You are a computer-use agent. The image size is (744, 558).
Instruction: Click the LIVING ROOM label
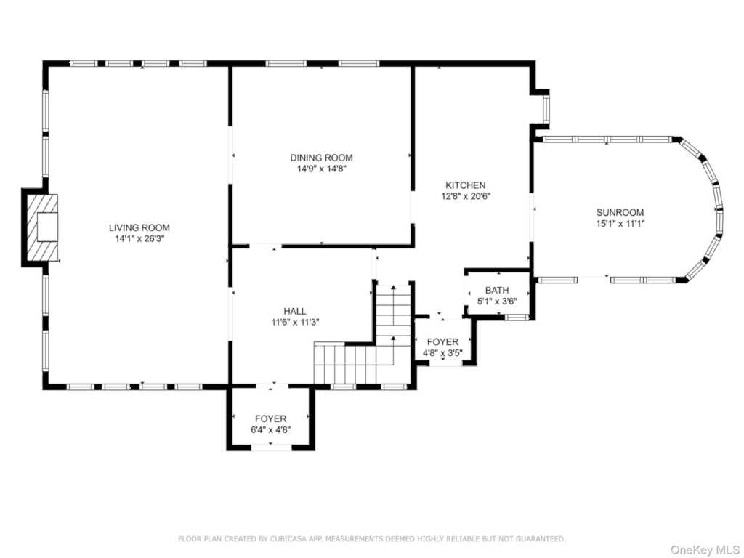point(139,227)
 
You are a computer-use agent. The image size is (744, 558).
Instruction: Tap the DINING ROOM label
point(321,158)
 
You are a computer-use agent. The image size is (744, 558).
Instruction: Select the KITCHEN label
point(466,185)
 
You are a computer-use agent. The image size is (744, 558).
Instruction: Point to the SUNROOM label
point(620,213)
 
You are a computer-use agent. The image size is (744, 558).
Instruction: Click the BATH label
point(497,291)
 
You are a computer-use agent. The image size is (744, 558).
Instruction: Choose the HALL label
point(295,311)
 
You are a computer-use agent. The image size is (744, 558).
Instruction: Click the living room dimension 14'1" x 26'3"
point(139,239)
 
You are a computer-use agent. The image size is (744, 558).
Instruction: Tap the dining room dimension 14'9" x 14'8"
point(321,169)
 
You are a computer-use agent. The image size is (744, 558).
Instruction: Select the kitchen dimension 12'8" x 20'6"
point(466,196)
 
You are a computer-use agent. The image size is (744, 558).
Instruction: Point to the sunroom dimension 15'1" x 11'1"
point(620,224)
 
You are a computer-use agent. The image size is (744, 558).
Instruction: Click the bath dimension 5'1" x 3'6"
point(497,302)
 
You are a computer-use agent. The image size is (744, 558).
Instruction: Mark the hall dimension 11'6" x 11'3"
point(295,323)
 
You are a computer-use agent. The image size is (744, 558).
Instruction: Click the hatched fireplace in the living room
point(42,227)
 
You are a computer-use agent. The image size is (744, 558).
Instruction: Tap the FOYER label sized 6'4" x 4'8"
point(271,419)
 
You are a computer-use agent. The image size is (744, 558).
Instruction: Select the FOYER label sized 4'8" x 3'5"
point(442,342)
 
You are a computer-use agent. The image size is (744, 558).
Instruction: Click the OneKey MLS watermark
point(705,550)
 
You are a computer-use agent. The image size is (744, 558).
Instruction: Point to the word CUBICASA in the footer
point(285,538)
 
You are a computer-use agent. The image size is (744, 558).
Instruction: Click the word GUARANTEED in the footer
point(540,538)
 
